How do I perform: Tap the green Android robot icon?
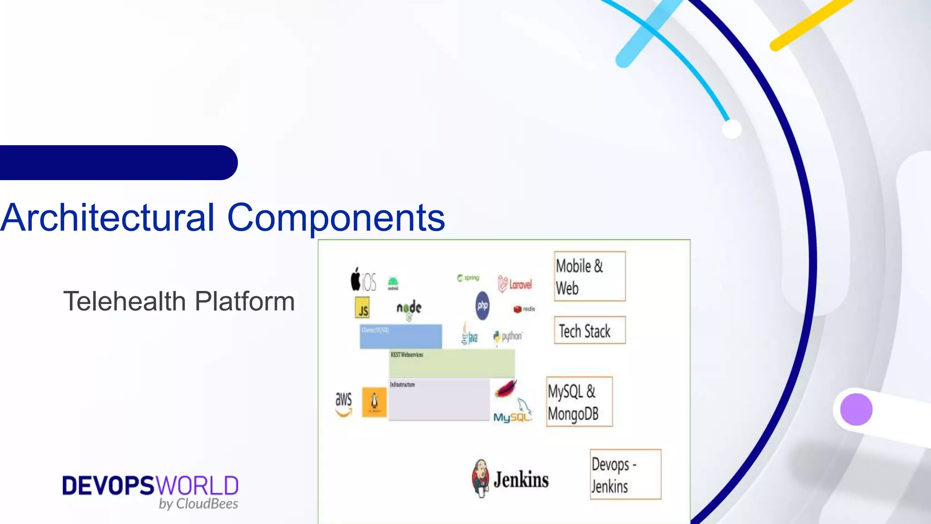[x=393, y=282]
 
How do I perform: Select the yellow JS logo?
[x=362, y=308]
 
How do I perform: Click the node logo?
[x=409, y=309]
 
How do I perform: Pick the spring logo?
[x=468, y=278]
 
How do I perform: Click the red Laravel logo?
[x=515, y=284]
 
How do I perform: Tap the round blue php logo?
[x=482, y=305]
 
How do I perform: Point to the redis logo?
[x=524, y=309]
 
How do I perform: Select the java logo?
[x=469, y=335]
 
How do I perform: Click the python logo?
[x=508, y=337]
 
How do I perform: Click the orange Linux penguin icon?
[x=374, y=402]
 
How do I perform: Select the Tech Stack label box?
[x=590, y=330]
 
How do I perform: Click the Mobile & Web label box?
[x=590, y=276]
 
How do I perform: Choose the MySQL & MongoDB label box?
[x=579, y=402]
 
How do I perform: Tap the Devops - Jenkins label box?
[x=626, y=474]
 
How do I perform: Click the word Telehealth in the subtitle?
[x=125, y=302]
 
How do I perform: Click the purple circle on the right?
[x=856, y=409]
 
